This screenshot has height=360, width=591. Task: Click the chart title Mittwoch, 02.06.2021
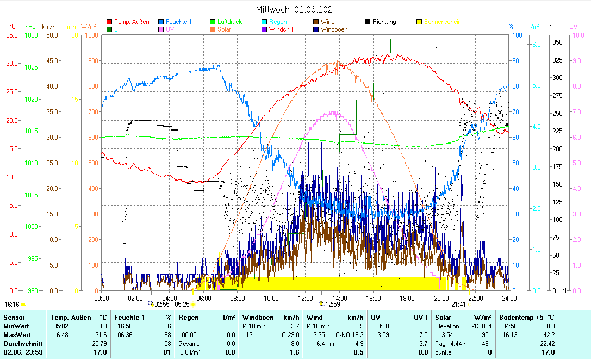tap(296, 9)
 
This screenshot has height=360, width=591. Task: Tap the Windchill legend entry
tap(281, 29)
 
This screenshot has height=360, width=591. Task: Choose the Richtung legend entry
tap(384, 22)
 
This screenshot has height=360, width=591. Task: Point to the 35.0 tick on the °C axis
tap(11, 35)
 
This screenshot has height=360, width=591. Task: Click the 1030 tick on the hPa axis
tap(32, 35)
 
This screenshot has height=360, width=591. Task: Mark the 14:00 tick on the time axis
tap(339, 298)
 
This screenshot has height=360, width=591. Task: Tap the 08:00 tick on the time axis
tap(238, 298)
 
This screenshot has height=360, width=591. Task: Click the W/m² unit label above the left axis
tap(89, 26)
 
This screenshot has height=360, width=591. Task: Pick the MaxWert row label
tap(17, 334)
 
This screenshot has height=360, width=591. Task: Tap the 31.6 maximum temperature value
tap(99, 334)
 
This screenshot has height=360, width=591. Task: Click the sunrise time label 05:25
tap(182, 305)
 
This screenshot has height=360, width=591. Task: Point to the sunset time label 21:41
tap(458, 305)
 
